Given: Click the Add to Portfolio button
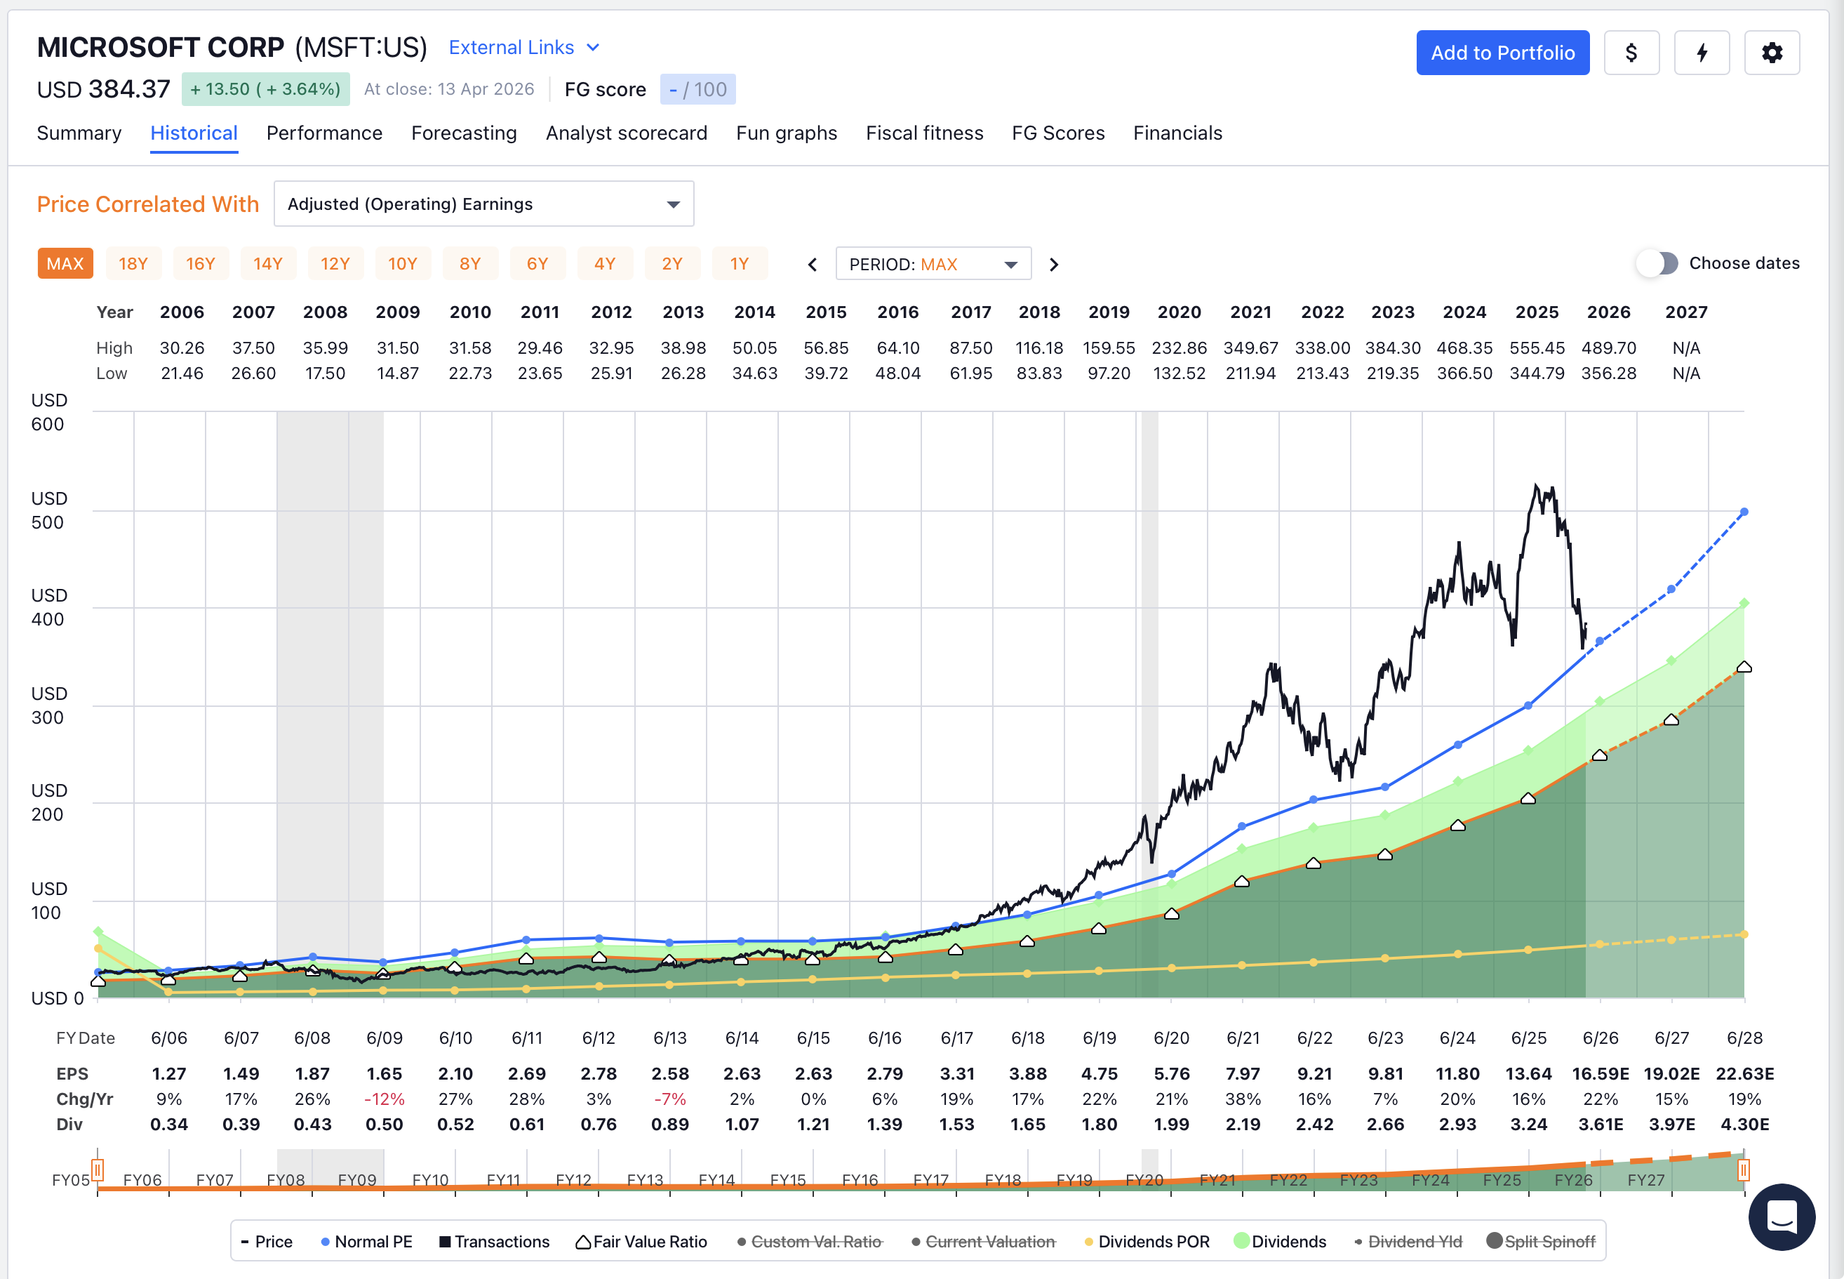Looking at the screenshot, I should (1502, 53).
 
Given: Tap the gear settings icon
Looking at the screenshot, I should (1771, 53).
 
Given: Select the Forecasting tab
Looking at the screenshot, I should (464, 133).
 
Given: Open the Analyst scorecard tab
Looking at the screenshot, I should (626, 133).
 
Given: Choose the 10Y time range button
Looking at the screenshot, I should (402, 264).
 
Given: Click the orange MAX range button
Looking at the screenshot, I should (65, 264).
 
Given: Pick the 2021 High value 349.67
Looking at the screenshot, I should (1250, 347).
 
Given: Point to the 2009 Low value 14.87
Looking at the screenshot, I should (397, 373).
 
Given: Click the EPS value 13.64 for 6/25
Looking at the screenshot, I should (1528, 1074).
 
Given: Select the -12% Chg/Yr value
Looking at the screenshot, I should (385, 1099).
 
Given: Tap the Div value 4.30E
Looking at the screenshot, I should (1744, 1125).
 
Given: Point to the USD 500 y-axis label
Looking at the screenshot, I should (48, 510).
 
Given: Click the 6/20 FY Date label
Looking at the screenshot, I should (1171, 1039).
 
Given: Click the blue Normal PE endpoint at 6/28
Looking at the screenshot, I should (1744, 512).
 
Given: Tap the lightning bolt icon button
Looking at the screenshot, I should (1702, 53).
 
